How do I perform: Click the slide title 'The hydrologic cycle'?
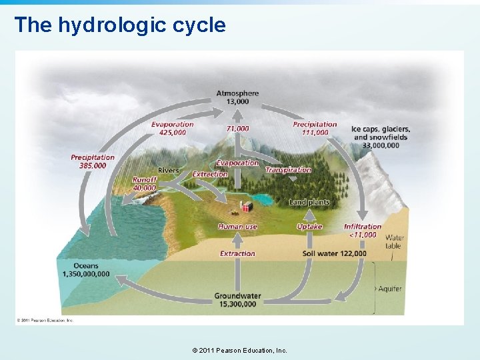pyautogui.click(x=120, y=25)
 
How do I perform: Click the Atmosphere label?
pyautogui.click(x=237, y=93)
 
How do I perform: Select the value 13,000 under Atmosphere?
pyautogui.click(x=237, y=102)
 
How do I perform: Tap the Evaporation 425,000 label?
pyautogui.click(x=172, y=128)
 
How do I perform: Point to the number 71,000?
pyautogui.click(x=238, y=129)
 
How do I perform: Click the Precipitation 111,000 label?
pyautogui.click(x=315, y=128)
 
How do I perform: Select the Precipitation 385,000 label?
pyautogui.click(x=93, y=161)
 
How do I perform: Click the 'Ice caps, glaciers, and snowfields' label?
pyautogui.click(x=381, y=137)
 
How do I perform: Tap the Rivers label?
pyautogui.click(x=169, y=171)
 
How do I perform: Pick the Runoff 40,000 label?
pyautogui.click(x=145, y=183)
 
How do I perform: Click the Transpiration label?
pyautogui.click(x=288, y=170)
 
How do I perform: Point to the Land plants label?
pyautogui.click(x=309, y=202)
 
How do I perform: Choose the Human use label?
pyautogui.click(x=237, y=227)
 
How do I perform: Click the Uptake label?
pyautogui.click(x=309, y=227)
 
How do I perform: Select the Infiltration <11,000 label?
pyautogui.click(x=363, y=231)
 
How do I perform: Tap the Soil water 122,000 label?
pyautogui.click(x=334, y=253)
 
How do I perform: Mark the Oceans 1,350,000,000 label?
pyautogui.click(x=86, y=269)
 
